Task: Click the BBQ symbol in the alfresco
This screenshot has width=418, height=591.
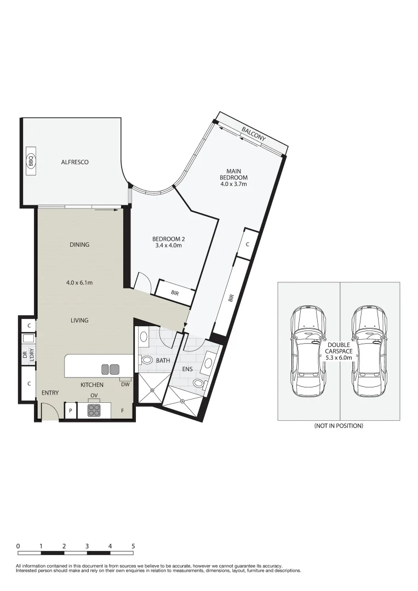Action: click(31, 162)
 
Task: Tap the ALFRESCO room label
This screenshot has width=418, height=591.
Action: click(75, 162)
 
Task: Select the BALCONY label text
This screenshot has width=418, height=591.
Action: click(254, 134)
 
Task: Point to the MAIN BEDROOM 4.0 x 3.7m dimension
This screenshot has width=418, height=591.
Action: click(233, 184)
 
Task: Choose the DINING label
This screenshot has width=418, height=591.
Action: click(79, 245)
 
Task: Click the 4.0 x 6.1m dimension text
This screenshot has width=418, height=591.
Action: click(79, 283)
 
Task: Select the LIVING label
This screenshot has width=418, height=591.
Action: click(79, 320)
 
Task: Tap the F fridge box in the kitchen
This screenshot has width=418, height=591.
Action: click(122, 410)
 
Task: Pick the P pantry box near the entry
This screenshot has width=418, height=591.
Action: click(70, 410)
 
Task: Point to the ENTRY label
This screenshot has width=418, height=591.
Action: click(50, 393)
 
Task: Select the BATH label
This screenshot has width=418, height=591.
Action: click(163, 361)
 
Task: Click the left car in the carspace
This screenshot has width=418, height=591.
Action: click(308, 351)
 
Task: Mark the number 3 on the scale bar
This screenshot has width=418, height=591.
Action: click(87, 546)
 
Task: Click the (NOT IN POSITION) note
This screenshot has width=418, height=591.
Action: click(338, 426)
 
